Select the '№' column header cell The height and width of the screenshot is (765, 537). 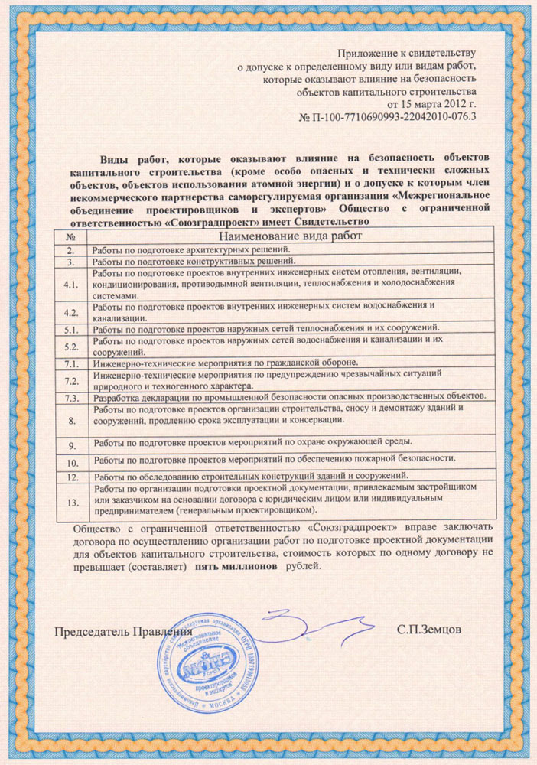(x=70, y=237)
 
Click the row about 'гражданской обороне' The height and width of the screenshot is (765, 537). (x=230, y=362)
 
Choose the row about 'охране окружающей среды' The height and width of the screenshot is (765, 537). (x=253, y=442)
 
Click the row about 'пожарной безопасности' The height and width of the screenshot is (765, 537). (x=275, y=461)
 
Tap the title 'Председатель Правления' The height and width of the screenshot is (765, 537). (x=122, y=633)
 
